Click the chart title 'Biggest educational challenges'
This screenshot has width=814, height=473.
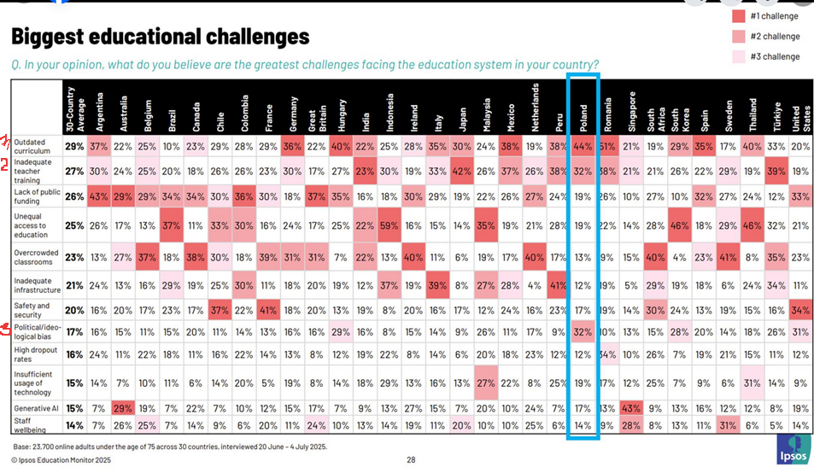click(x=160, y=37)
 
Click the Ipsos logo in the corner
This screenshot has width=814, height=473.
click(x=793, y=451)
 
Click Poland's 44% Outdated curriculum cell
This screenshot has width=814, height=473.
click(x=584, y=146)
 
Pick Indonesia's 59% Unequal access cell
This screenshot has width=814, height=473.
click(x=390, y=225)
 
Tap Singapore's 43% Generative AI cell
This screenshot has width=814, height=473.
click(x=632, y=408)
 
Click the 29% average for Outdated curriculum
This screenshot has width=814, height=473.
click(x=75, y=146)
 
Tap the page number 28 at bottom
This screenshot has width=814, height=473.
click(x=411, y=460)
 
